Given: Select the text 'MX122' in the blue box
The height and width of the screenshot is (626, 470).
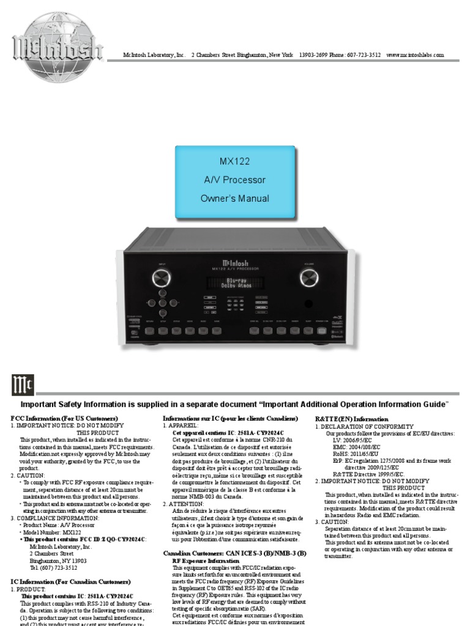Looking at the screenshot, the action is point(235,162).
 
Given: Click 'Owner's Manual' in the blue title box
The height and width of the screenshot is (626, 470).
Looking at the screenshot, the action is point(235,198).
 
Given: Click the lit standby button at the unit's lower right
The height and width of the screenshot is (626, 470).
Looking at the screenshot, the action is point(322,331).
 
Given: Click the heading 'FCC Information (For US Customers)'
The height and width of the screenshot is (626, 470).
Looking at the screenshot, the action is point(64,419).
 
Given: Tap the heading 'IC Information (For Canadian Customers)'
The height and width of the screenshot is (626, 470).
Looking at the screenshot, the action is point(70,582).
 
